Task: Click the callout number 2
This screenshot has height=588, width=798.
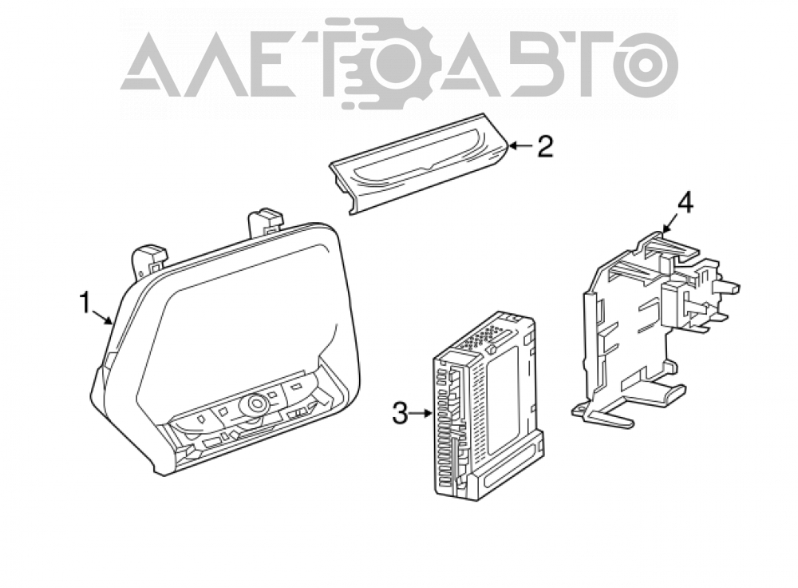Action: point(544,146)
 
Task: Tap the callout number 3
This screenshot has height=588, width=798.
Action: point(400,413)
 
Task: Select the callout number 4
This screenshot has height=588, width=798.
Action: point(684,204)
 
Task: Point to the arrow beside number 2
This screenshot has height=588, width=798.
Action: point(520,146)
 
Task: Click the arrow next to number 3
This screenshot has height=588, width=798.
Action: point(421,413)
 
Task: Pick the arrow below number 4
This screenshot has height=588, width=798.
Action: point(670,224)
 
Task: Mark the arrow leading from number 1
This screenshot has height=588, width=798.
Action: point(102,316)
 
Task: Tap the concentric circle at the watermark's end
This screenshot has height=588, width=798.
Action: point(646,64)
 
